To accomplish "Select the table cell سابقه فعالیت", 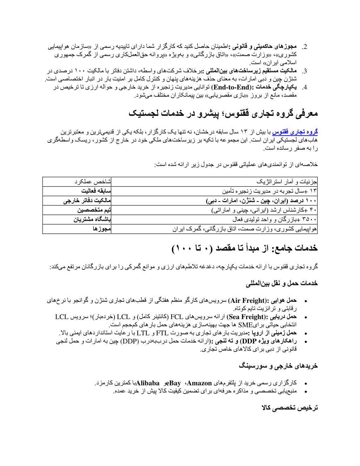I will [96, 191].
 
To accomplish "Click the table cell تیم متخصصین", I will [94, 210].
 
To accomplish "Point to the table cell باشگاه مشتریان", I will [92, 220].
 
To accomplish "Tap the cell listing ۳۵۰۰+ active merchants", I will [275, 220].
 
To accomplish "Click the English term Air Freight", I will [248, 301].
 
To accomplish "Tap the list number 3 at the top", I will [305, 71].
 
